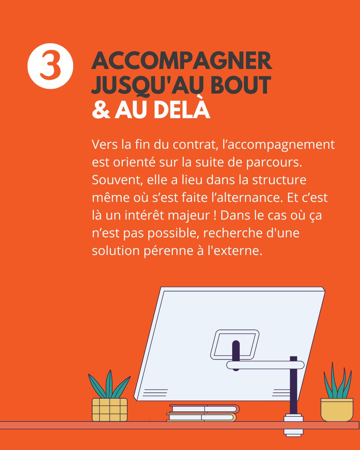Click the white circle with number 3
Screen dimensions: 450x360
[50, 66]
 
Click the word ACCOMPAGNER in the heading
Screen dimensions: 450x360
[182, 61]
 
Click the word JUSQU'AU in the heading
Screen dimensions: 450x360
[150, 85]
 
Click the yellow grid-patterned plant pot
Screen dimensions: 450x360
[109, 409]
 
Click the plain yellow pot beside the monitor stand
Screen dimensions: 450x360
[337, 409]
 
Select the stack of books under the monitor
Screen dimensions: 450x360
[202, 412]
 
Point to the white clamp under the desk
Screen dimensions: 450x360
[293, 426]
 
